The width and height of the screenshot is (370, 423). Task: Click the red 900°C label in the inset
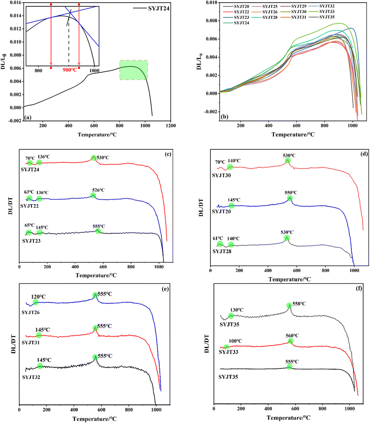[68, 71]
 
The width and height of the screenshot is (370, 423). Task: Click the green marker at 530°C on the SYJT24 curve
[94, 158]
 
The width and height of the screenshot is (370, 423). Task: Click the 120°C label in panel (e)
[44, 296]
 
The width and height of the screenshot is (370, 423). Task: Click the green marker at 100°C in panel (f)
[227, 347]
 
